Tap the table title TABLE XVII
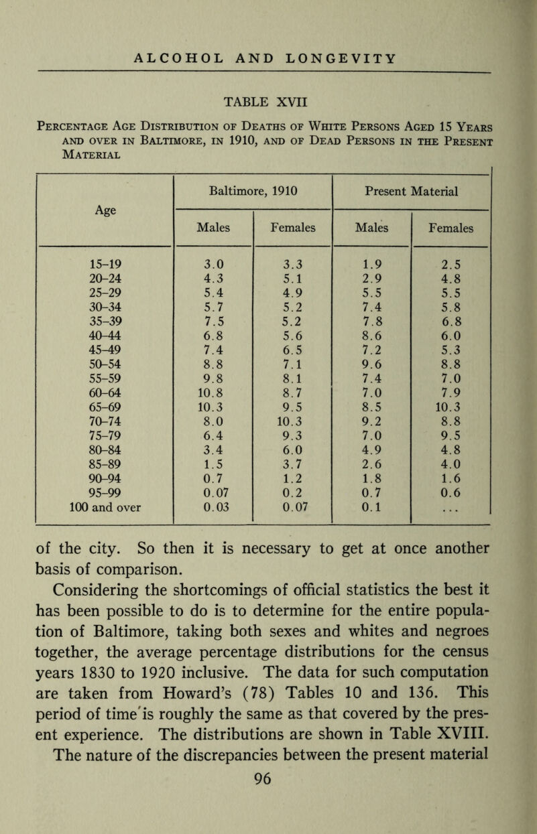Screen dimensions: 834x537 pyautogui.click(x=268, y=102)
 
